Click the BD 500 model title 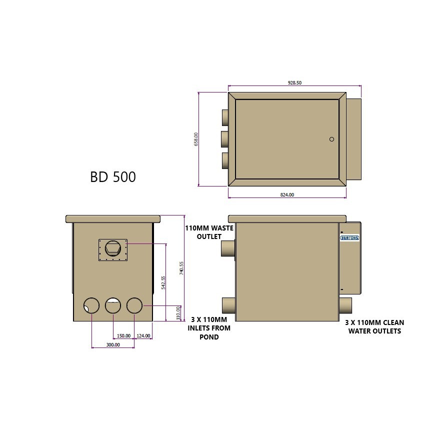point(112,177)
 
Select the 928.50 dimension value point(295,83)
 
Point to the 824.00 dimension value point(287,195)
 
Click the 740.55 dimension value point(182,268)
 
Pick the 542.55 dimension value point(163,282)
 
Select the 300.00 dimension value point(113,344)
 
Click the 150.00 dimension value point(123,335)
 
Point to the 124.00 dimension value point(143,335)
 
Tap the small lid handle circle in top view point(331,139)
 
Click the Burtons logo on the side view point(349,238)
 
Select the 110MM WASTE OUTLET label point(203,232)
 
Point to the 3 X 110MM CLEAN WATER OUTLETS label point(374,326)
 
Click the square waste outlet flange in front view point(113,248)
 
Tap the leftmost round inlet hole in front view point(91,305)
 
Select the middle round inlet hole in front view point(113,305)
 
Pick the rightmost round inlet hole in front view point(134,305)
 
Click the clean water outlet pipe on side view point(345,304)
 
